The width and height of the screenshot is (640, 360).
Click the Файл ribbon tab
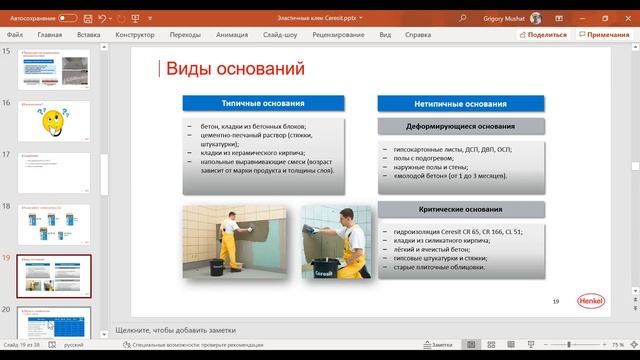click(13, 34)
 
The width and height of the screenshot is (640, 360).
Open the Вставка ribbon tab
click(88, 34)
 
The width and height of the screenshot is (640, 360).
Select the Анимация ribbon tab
click(230, 34)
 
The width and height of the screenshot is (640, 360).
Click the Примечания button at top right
click(604, 34)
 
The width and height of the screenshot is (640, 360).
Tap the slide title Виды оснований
click(234, 69)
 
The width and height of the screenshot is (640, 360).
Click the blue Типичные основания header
click(264, 103)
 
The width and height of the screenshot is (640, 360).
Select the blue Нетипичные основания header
click(460, 103)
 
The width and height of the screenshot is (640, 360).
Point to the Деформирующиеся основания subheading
click(461, 127)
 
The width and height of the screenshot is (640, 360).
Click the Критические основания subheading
click(460, 210)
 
